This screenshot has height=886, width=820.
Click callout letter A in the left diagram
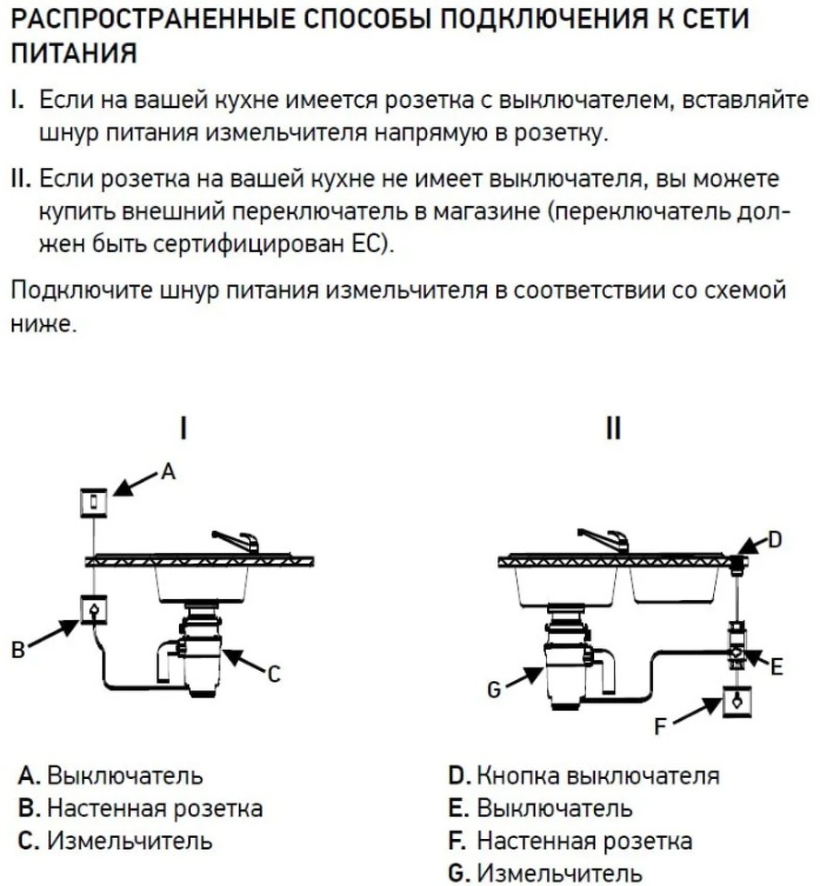pyautogui.click(x=167, y=472)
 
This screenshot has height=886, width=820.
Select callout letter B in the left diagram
pyautogui.click(x=17, y=651)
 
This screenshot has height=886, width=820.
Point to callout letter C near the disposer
pyautogui.click(x=273, y=676)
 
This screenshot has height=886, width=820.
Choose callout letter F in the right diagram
pyautogui.click(x=660, y=727)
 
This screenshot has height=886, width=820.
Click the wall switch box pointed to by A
pyautogui.click(x=93, y=502)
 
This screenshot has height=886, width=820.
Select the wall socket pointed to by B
pyautogui.click(x=93, y=610)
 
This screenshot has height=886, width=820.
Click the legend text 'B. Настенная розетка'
pyautogui.click(x=140, y=808)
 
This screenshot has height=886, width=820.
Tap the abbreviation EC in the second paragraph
pyautogui.click(x=375, y=246)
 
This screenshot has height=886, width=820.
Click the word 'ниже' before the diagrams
pyautogui.click(x=42, y=326)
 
